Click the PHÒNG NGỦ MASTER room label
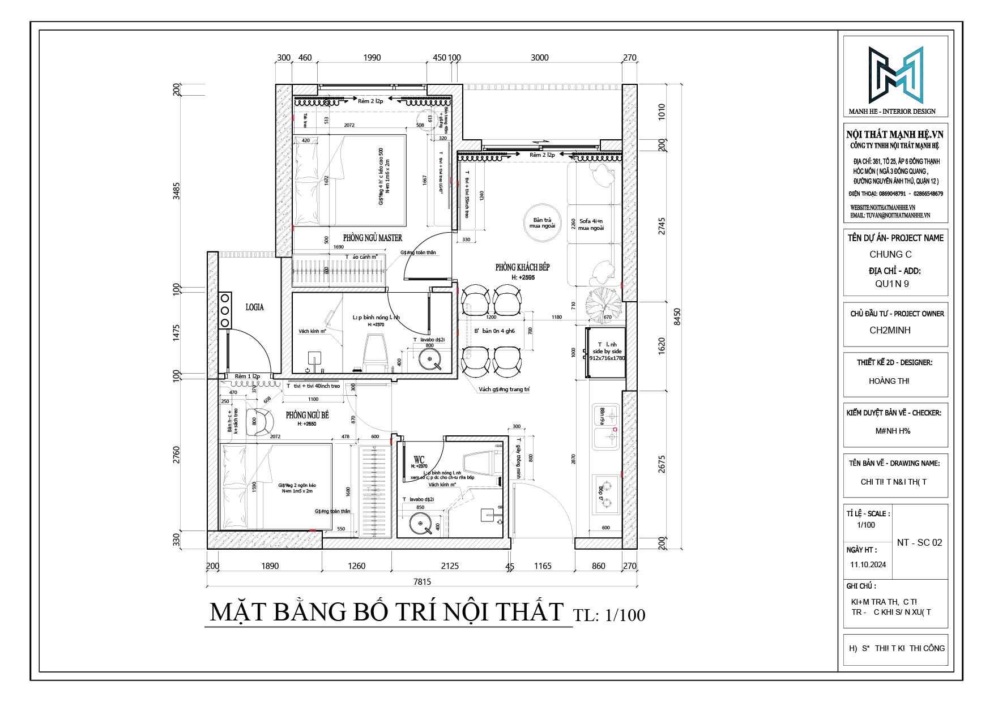(x=372, y=238)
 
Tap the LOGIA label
(x=254, y=307)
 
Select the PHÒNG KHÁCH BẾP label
(x=522, y=267)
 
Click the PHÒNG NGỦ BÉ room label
(x=307, y=415)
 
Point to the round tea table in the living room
(x=543, y=223)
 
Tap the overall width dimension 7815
(x=422, y=581)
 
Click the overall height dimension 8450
(x=677, y=316)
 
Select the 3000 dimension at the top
(x=539, y=57)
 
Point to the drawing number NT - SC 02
(x=919, y=542)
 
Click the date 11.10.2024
(x=868, y=564)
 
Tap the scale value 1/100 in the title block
(x=866, y=525)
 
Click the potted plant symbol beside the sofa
(x=602, y=304)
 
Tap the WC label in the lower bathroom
(x=419, y=459)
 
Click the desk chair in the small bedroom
(x=262, y=422)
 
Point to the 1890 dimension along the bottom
(x=270, y=566)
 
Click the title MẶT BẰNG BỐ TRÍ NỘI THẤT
(x=387, y=613)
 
